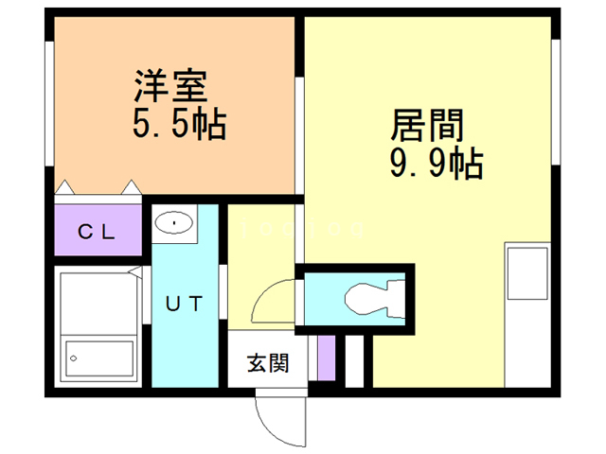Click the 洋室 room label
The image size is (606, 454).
[169, 87]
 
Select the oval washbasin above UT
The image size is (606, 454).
[173, 223]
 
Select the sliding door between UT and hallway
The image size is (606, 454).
[224, 288]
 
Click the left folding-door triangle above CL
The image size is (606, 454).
[65, 187]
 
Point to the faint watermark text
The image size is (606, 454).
[302, 228]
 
